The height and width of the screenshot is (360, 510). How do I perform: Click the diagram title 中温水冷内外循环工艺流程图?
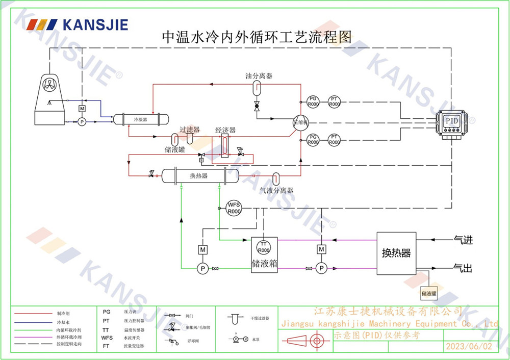click(x=257, y=37)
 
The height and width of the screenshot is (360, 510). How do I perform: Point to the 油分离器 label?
click(x=259, y=76)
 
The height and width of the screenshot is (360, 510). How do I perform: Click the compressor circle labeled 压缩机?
click(x=301, y=122)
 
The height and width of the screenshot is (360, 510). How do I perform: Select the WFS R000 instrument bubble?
click(x=234, y=208)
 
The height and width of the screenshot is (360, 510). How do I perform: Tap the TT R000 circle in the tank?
click(x=263, y=247)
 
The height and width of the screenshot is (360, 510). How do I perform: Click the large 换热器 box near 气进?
click(x=396, y=253)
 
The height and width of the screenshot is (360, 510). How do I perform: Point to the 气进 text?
click(x=463, y=239)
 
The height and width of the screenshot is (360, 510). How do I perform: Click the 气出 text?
click(x=463, y=268)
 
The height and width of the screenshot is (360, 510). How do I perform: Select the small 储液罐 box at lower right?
click(x=429, y=293)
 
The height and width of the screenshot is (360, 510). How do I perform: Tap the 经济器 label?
click(x=225, y=131)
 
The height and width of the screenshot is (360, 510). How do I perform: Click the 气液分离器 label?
click(x=276, y=191)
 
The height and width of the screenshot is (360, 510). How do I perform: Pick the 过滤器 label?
click(x=189, y=131)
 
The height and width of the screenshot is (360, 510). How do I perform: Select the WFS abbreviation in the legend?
click(x=107, y=338)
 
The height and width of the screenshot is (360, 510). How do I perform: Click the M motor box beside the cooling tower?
click(x=82, y=109)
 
